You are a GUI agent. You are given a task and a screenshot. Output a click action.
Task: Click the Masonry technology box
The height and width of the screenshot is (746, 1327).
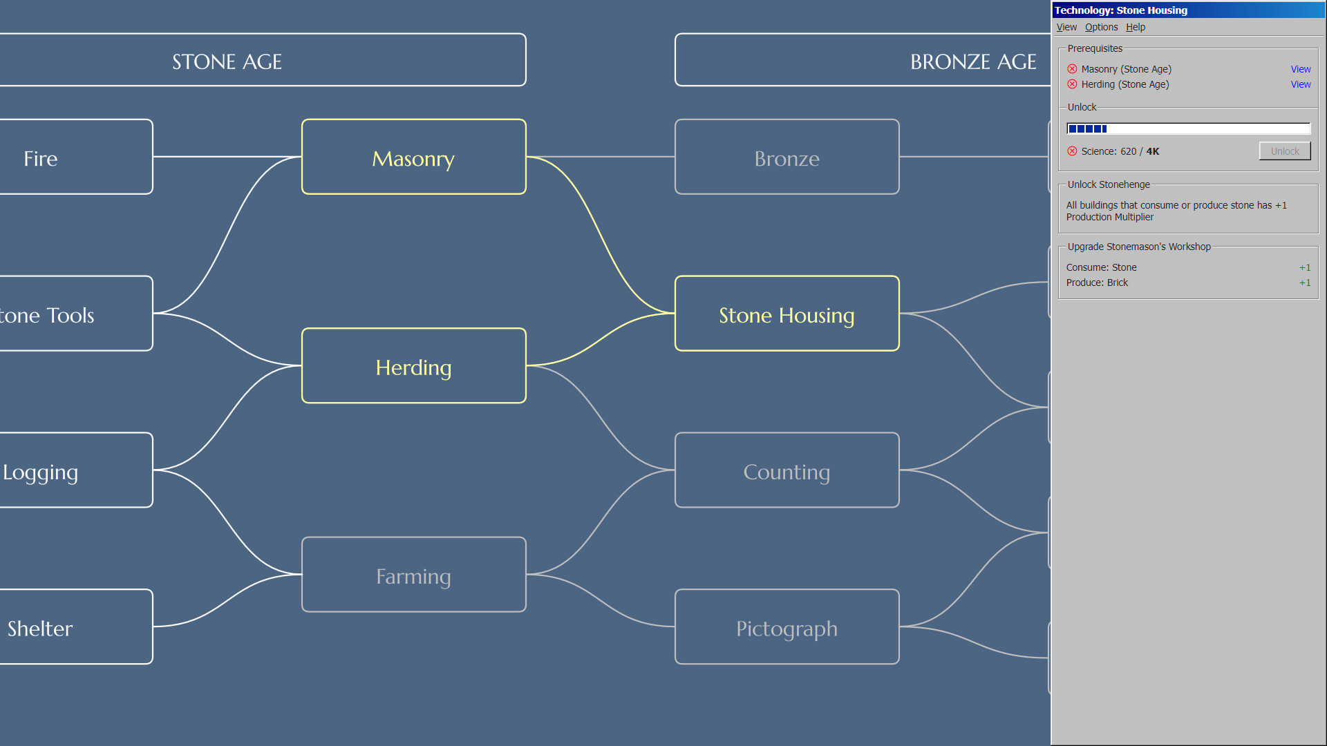coord(413,157)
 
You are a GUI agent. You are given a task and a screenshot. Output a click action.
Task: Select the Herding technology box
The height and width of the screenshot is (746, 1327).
coord(413,365)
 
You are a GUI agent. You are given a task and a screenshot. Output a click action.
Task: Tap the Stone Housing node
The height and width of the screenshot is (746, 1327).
coord(787,314)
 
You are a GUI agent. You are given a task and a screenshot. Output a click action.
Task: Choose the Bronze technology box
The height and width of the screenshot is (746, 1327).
coord(787,157)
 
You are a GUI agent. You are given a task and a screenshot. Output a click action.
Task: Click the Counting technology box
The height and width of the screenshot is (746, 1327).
coord(787,470)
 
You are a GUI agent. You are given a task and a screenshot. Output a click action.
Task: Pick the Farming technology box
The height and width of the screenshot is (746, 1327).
coord(413,575)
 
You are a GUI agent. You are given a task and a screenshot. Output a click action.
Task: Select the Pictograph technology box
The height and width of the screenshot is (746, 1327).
coord(787,627)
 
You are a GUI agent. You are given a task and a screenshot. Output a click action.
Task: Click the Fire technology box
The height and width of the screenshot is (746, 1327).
coord(76,157)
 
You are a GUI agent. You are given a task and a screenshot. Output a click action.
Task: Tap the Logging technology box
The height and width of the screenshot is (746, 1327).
coord(76,470)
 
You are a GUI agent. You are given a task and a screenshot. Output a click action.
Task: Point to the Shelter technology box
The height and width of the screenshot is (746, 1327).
coord(76,627)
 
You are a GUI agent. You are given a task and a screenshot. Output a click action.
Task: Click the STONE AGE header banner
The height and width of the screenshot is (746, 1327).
coord(263,60)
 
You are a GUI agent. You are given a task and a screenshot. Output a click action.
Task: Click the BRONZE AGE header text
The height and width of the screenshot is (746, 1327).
coord(973,62)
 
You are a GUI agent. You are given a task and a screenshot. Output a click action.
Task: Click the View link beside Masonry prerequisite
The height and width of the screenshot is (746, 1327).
coord(1301,69)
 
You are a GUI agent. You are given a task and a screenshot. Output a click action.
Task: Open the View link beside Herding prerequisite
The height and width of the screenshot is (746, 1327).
coord(1301,84)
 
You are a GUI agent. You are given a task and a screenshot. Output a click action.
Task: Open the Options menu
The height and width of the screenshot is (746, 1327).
coord(1101,27)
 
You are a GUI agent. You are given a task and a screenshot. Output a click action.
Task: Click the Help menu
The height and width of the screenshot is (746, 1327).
coord(1136,27)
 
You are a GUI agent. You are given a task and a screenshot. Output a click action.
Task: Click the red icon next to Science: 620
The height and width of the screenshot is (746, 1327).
coord(1072,151)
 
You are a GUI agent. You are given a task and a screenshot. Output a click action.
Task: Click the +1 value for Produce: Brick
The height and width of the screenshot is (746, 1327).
coord(1305,283)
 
